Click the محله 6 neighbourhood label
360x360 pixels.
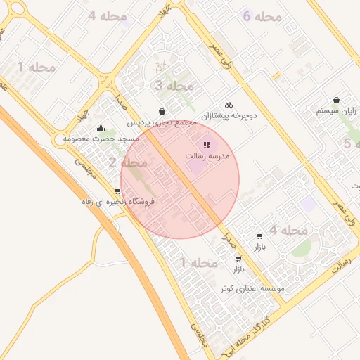pos(262,16)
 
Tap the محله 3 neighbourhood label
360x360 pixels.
pos(173,86)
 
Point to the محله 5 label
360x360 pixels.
pos(347,143)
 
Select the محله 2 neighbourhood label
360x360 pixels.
pos(127,163)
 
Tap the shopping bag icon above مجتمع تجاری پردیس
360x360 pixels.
pos(162,111)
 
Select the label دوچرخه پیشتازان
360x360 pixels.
pos(229,114)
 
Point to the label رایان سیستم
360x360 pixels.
pos(337,111)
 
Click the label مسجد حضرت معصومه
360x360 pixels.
pos(101,139)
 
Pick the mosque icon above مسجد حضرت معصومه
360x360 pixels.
pos(101,128)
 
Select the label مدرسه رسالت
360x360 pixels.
pos(207,155)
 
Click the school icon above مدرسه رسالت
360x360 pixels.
pos(207,145)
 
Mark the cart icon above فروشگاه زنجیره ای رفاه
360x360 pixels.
pos(117,191)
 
